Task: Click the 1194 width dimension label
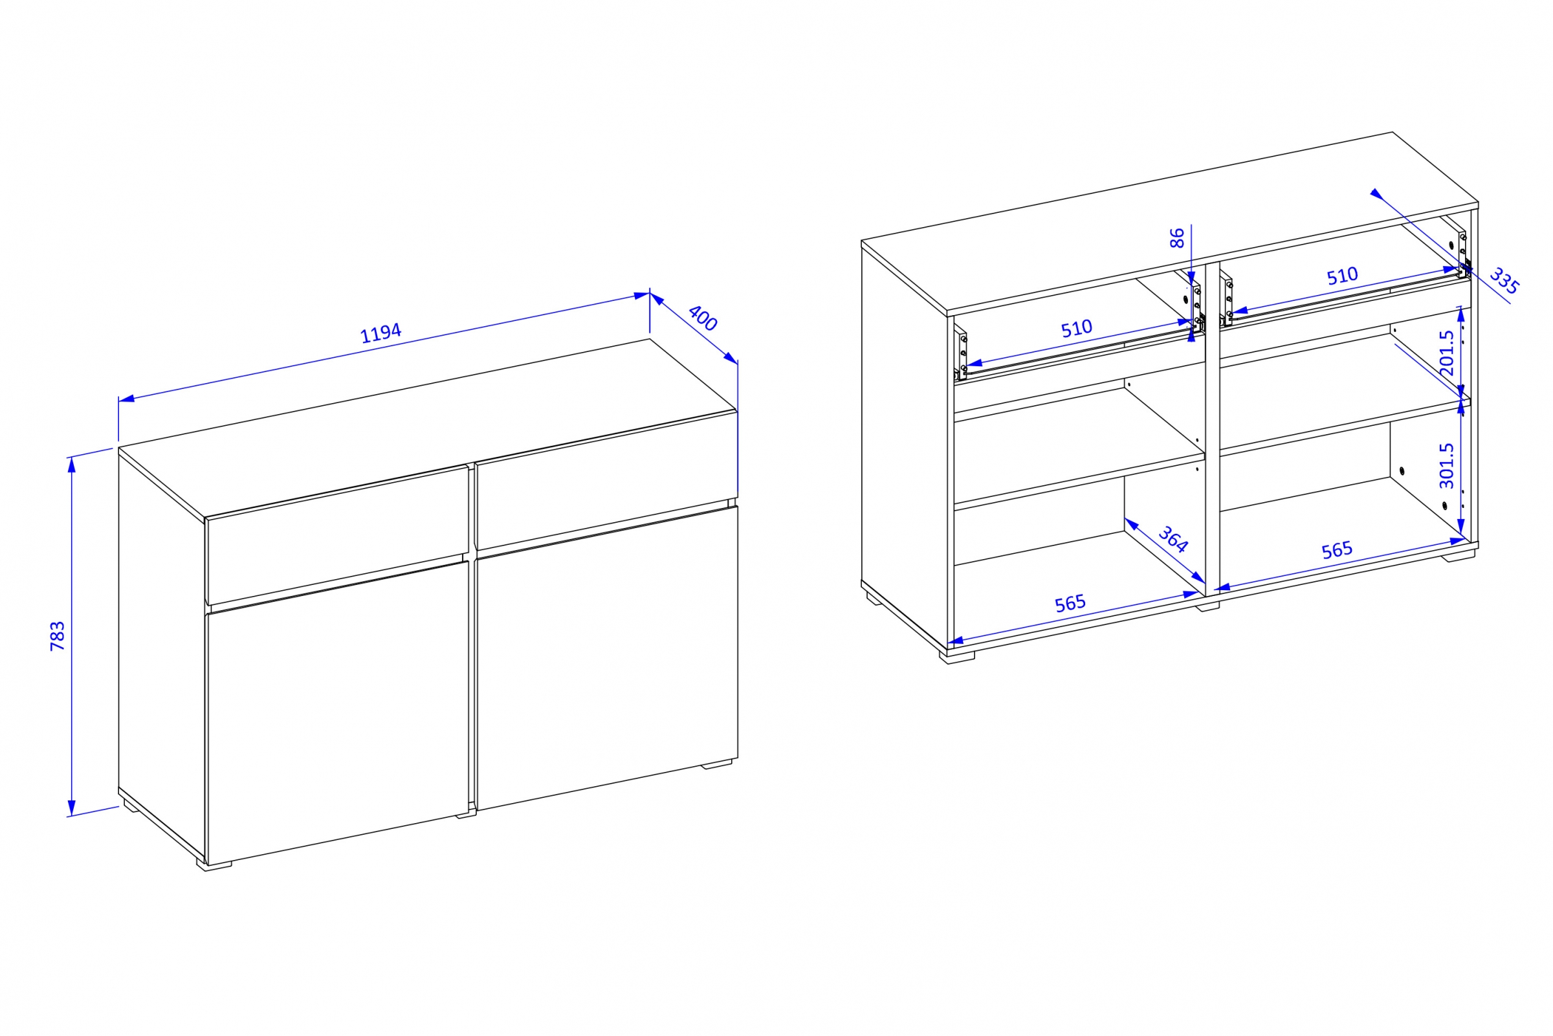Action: (380, 333)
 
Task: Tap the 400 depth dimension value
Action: (702, 318)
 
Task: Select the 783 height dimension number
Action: (58, 635)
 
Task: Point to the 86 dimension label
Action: (1177, 238)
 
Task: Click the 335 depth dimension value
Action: (1504, 281)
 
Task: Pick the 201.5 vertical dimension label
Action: (1447, 353)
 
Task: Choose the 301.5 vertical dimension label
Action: (1447, 466)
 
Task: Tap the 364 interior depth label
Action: (1173, 539)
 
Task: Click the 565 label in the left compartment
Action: (1070, 603)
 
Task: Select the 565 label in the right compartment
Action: (1337, 550)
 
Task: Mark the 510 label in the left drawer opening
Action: (1077, 328)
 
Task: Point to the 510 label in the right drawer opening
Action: (1342, 276)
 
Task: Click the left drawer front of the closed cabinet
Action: (338, 535)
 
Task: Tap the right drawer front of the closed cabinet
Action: (606, 480)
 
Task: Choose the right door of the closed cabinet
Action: (606, 657)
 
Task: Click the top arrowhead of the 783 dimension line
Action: (72, 465)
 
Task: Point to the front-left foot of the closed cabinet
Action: (215, 865)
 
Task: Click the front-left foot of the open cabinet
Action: (961, 658)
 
